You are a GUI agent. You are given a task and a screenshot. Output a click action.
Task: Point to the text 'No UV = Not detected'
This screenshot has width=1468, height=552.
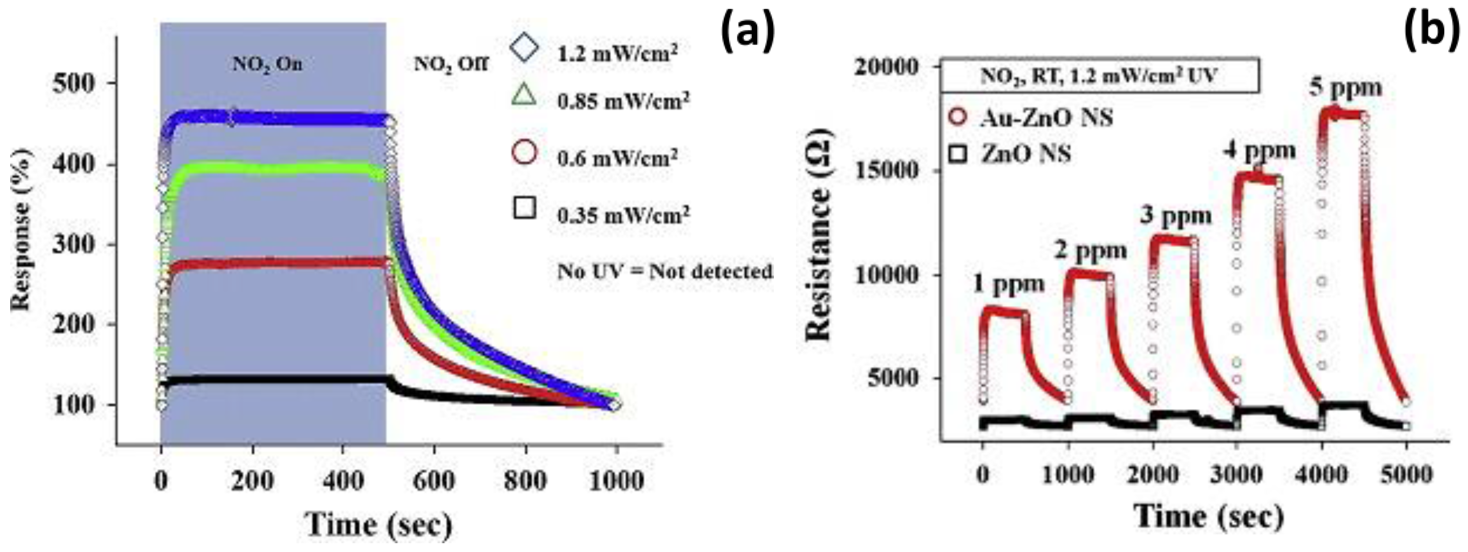tap(665, 272)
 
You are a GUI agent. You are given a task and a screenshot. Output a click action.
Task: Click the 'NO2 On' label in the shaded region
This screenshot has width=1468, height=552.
tap(267, 64)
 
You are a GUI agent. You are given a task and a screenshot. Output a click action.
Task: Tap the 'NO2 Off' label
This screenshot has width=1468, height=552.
tap(450, 64)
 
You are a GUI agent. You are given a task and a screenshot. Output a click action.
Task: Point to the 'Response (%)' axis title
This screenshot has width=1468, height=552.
tap(21, 230)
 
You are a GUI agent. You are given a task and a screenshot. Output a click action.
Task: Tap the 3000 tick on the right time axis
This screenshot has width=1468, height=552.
tap(1236, 474)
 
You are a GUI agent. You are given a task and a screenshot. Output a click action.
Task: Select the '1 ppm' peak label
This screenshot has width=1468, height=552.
tap(1008, 283)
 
